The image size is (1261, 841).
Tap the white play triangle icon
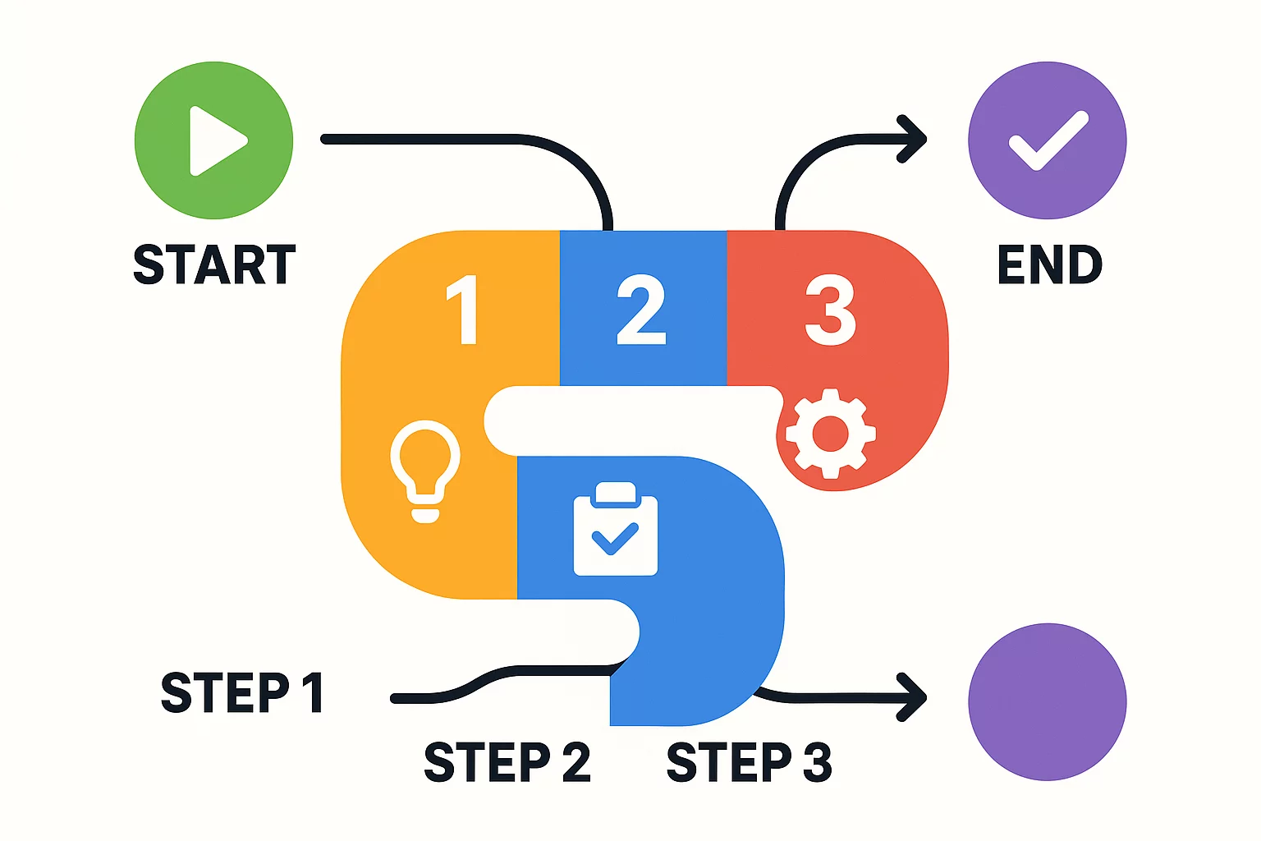click(215, 140)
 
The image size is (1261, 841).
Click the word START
click(214, 264)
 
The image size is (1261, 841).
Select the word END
click(1049, 264)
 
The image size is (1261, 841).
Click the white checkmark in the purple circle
click(1048, 141)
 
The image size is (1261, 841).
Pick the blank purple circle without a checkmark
click(1047, 701)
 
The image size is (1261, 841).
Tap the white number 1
click(464, 310)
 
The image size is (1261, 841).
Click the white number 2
click(641, 310)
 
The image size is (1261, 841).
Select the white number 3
click(830, 310)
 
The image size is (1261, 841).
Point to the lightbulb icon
click(424, 469)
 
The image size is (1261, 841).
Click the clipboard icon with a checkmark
click(615, 529)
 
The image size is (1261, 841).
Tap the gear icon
click(830, 433)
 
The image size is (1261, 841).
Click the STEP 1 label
click(241, 692)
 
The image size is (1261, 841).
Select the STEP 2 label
click(507, 762)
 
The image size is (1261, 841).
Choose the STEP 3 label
click(749, 762)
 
